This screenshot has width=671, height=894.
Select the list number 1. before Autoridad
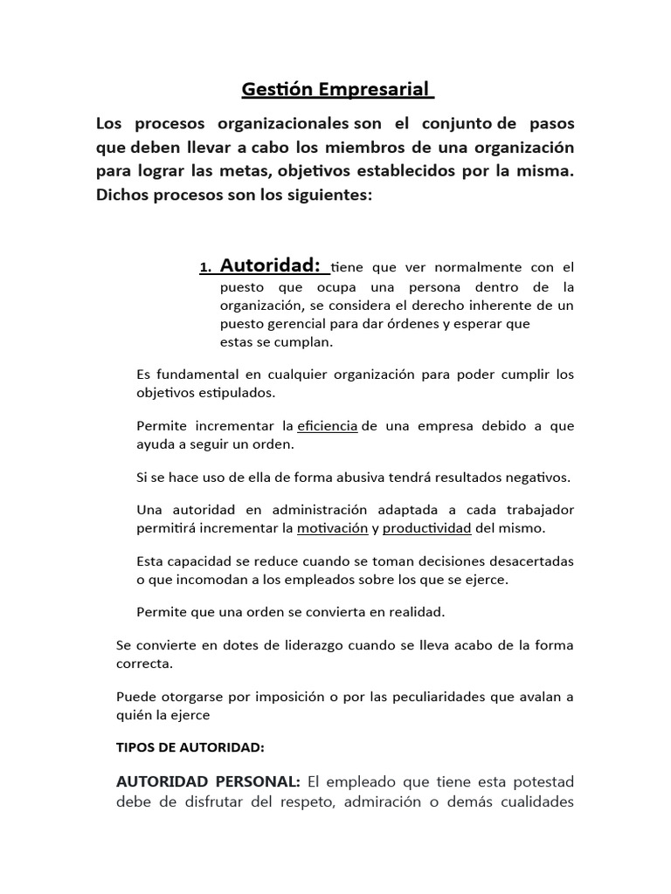pos(206,268)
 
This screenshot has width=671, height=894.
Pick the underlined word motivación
pos(332,529)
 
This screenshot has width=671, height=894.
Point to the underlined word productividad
pos(427,529)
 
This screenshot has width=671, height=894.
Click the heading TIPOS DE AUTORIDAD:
pos(190,747)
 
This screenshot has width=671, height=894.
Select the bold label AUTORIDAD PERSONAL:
pos(208,781)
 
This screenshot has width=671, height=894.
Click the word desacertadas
pos(529,561)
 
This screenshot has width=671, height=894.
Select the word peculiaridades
pos(437,697)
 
